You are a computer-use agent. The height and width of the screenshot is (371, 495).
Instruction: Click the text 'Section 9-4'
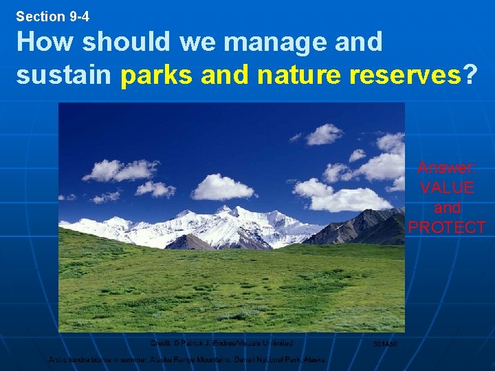[x=53, y=16]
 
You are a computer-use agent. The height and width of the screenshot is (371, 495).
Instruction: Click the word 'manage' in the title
[x=272, y=43]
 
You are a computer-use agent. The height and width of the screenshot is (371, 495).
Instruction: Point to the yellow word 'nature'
[x=298, y=74]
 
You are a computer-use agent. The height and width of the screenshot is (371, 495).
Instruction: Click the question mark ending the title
[x=470, y=74]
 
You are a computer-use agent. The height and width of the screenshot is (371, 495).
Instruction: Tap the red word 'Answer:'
[x=446, y=168]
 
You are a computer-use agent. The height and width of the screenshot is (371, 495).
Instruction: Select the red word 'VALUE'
[x=446, y=188]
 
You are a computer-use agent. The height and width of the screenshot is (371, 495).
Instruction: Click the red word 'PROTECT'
[x=446, y=227]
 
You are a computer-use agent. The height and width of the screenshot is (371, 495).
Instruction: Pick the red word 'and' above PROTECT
[x=446, y=207]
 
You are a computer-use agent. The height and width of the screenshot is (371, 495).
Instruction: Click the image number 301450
[x=385, y=344]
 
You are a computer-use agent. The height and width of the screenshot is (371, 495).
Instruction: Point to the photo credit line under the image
[x=221, y=343]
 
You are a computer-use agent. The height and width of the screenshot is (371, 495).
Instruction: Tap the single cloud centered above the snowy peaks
[x=221, y=186]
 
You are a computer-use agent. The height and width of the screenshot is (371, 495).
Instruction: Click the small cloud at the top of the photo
[x=324, y=134]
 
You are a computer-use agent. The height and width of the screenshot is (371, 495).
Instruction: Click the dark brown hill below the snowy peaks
[x=189, y=242]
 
